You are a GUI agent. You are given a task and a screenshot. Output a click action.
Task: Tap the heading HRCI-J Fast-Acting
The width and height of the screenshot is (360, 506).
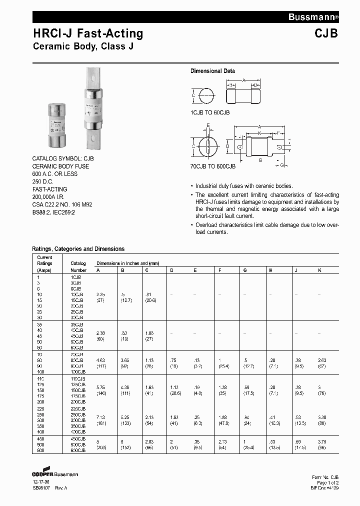click(88, 34)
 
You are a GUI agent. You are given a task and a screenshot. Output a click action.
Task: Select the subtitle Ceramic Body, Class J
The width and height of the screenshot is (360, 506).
click(82, 47)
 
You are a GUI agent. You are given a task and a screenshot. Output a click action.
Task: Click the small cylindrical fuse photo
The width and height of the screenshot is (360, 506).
click(56, 125)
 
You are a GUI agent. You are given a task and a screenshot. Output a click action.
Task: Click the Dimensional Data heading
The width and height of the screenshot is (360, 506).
click(212, 71)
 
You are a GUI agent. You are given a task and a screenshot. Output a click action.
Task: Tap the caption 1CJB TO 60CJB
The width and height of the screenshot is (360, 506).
click(210, 112)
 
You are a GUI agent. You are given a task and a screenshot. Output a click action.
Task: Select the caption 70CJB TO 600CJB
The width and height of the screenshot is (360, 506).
click(212, 166)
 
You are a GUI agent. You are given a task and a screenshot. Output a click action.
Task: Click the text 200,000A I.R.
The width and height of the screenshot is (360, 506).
click(53, 197)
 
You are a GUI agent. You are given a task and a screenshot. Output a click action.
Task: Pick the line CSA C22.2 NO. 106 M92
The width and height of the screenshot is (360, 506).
click(62, 205)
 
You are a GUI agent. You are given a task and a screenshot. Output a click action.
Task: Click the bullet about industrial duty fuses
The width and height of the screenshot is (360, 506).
click(243, 185)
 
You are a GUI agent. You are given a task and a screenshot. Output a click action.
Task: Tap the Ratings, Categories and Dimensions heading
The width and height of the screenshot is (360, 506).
click(78, 248)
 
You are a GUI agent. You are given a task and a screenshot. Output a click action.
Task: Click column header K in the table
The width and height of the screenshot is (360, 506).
click(319, 270)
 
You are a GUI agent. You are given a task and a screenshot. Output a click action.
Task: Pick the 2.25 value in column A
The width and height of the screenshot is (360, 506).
click(100, 294)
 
